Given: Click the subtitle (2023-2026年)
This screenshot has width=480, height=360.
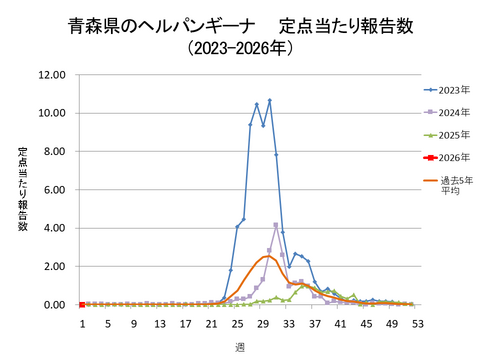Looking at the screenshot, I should pos(239,46).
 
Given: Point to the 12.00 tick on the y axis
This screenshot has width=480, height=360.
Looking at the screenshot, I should pos(51,75).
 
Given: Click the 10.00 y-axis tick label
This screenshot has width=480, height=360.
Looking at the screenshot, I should pos(51,113).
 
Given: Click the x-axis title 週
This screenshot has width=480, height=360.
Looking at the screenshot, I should pos(240,346).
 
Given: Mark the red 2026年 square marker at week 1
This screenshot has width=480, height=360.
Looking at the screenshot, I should pos(81,305).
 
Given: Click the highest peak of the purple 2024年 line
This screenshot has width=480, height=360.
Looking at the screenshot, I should pos(276,225).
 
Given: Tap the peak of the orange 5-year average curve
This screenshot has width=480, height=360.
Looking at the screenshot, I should pos(268,256).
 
